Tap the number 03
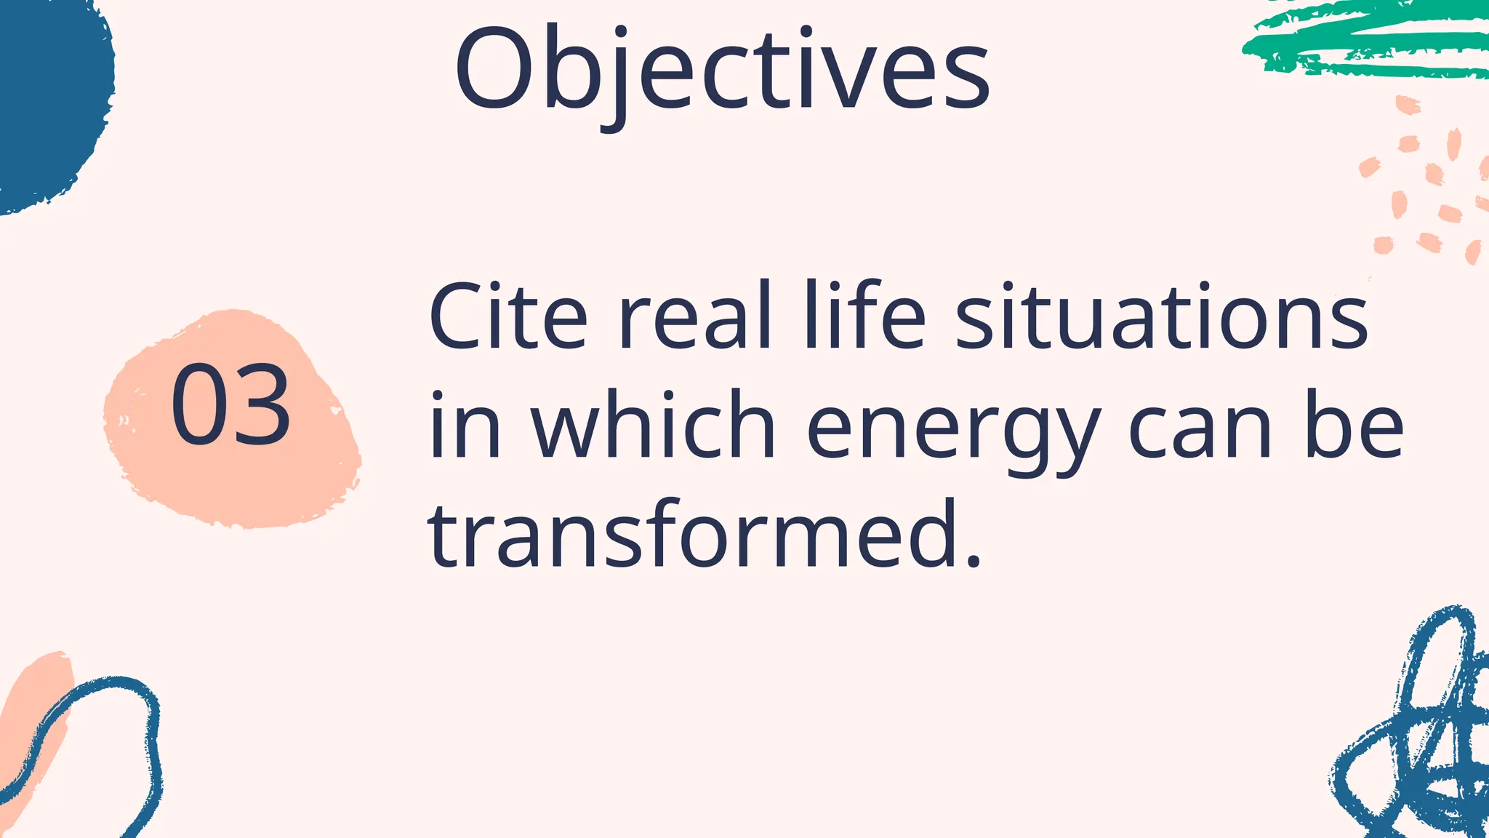230,405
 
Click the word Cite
507,318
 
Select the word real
693,318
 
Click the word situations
1161,318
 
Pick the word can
1200,429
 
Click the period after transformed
974,560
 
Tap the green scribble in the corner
1367,40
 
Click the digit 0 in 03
198,405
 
